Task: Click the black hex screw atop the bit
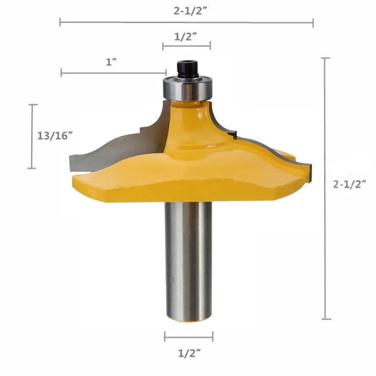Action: (187, 69)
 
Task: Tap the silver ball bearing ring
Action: (188, 88)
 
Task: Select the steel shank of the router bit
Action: (188, 261)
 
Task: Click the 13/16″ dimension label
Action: (55, 136)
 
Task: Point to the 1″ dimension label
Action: (112, 63)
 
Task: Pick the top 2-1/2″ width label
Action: (191, 11)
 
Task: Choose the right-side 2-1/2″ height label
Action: (350, 184)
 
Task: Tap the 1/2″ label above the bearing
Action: (185, 37)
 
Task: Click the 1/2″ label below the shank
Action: (189, 353)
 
